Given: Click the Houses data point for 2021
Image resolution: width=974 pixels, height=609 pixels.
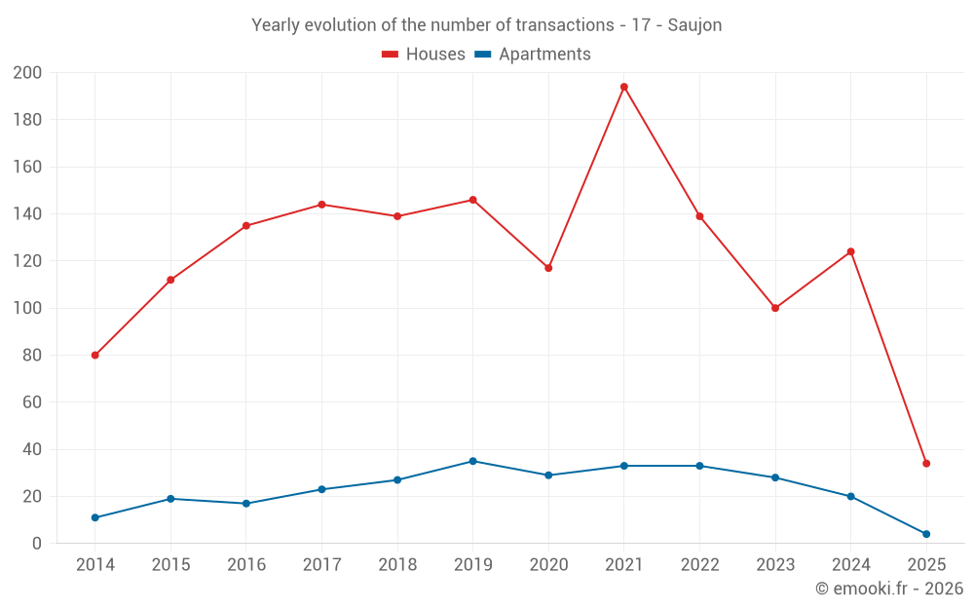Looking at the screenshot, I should pyautogui.click(x=624, y=87).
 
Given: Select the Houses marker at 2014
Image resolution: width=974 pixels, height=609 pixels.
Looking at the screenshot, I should pyautogui.click(x=95, y=355).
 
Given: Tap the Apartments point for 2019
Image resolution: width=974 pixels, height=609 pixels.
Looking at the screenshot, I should pyautogui.click(x=473, y=461).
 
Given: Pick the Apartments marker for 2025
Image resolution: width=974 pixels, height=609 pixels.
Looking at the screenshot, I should pyautogui.click(x=926, y=534).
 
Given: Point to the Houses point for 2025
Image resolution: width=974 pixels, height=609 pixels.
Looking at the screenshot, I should pyautogui.click(x=926, y=464).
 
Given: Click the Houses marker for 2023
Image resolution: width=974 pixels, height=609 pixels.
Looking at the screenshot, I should pyautogui.click(x=775, y=308).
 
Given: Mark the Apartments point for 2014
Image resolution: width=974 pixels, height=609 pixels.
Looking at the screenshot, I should pyautogui.click(x=95, y=517).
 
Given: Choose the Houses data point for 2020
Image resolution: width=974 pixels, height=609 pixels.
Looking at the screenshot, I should pyautogui.click(x=548, y=268).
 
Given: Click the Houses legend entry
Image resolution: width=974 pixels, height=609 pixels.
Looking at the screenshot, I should pyautogui.click(x=424, y=55).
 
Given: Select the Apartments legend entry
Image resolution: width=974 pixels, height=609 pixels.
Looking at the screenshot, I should pyautogui.click(x=533, y=55).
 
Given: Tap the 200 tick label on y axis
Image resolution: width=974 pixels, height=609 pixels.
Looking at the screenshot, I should pyautogui.click(x=27, y=73).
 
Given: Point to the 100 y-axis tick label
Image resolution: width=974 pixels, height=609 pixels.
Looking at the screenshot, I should pyautogui.click(x=27, y=308).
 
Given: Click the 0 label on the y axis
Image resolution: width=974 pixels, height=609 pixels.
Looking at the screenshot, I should pyautogui.click(x=37, y=544).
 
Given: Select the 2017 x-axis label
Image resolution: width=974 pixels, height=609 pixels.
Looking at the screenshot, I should pyautogui.click(x=321, y=565).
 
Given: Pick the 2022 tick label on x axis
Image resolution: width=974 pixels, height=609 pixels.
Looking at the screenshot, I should pyautogui.click(x=699, y=565).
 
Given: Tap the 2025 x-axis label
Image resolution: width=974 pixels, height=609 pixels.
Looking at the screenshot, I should pyautogui.click(x=926, y=565).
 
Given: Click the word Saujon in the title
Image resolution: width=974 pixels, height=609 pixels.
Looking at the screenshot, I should pyautogui.click(x=694, y=25).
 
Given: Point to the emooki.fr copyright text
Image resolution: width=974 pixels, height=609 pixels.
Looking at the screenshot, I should pyautogui.click(x=888, y=589).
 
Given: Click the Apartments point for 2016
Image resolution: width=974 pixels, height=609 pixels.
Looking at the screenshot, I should pyautogui.click(x=246, y=504).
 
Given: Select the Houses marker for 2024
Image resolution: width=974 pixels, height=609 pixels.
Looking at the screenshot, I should pyautogui.click(x=850, y=251).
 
